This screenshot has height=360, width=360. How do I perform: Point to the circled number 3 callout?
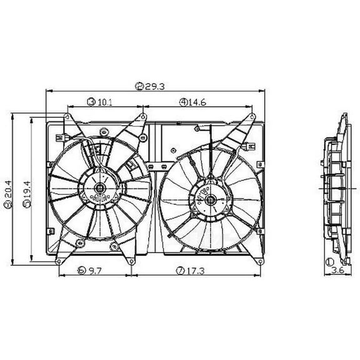pyautogui.click(x=91, y=101)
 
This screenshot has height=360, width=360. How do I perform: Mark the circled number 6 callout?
pyautogui.click(x=82, y=271)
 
